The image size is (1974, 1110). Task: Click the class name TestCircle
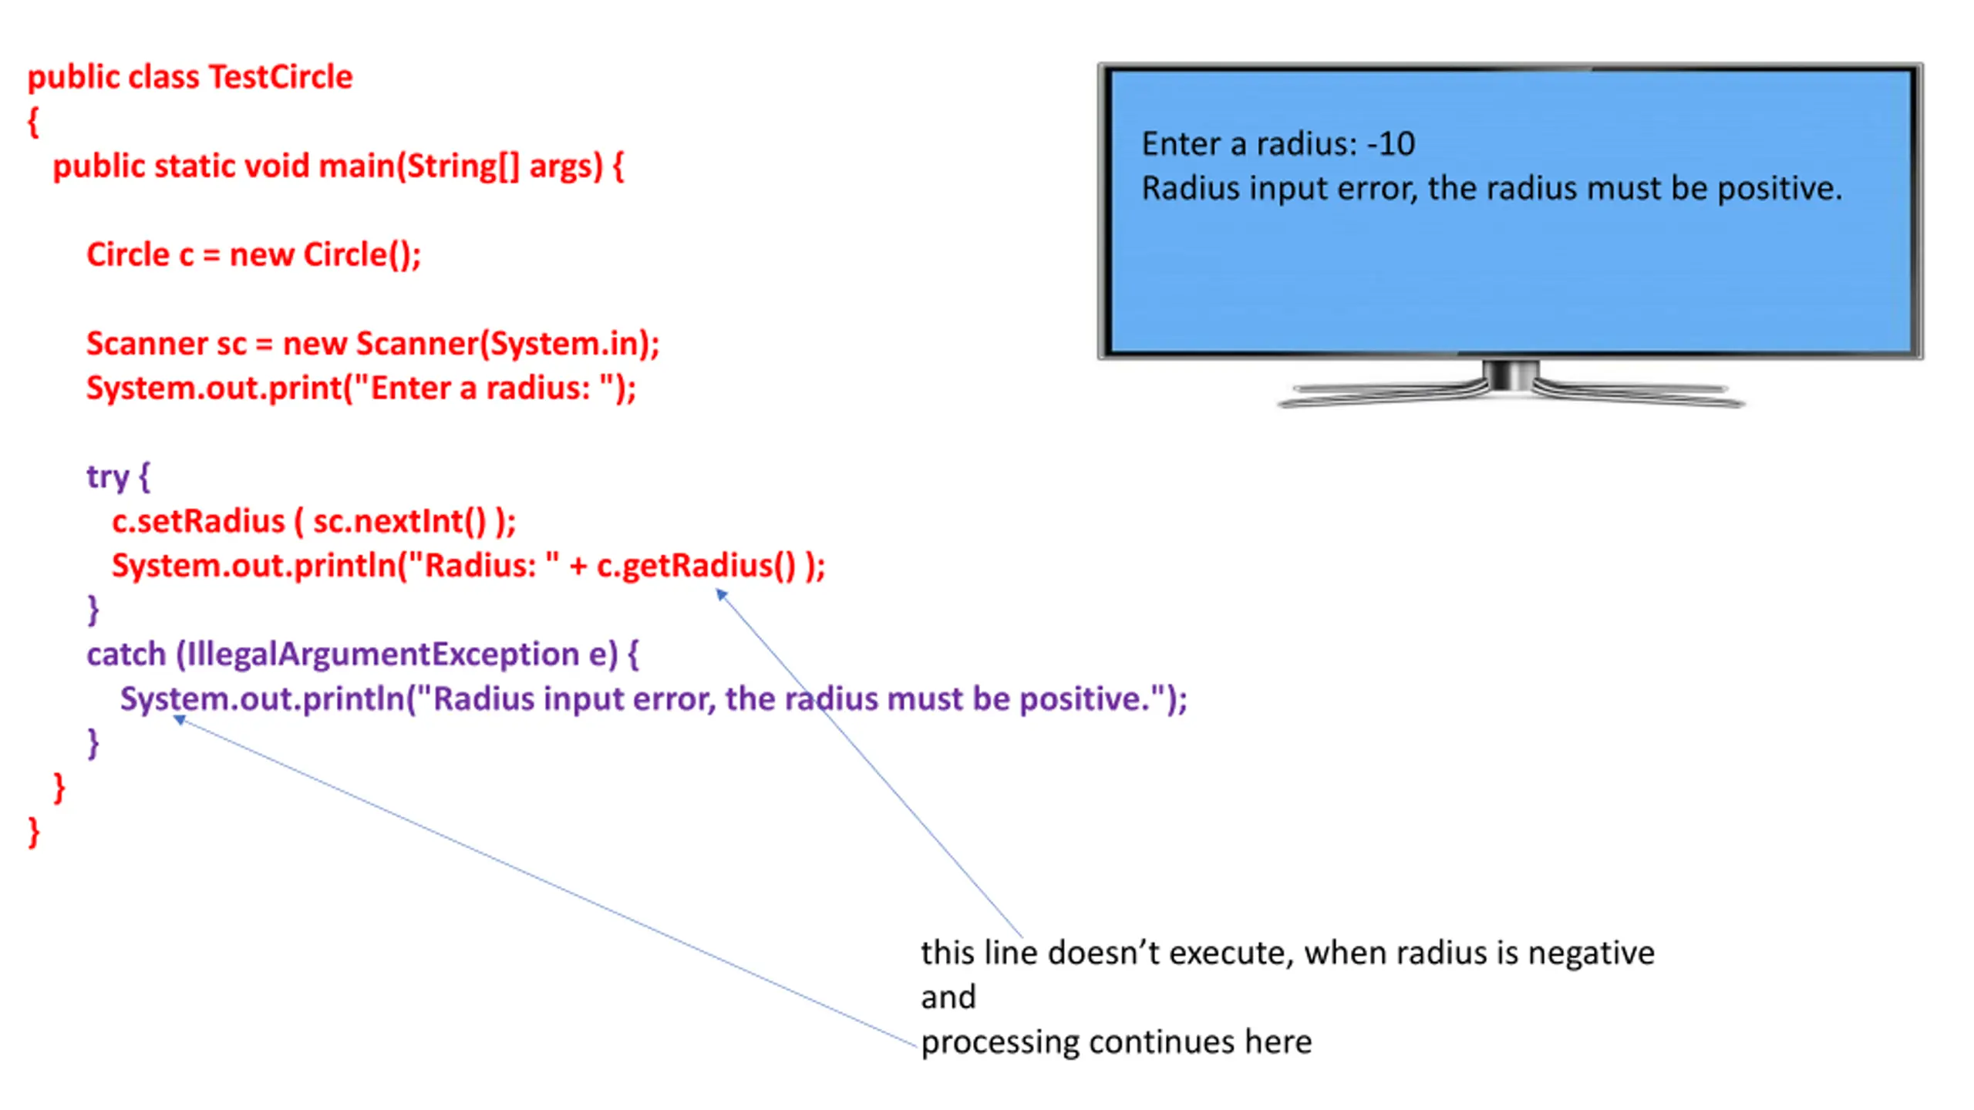point(281,77)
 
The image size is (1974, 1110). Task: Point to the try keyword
point(108,478)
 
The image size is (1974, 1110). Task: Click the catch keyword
point(126,654)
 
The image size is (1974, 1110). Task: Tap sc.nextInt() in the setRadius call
point(400,522)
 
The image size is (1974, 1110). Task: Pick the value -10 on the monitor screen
point(1391,144)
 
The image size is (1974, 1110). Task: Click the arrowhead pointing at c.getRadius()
point(722,594)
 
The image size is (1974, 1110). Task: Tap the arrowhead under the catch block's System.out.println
point(179,720)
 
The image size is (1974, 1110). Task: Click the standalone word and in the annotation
point(948,997)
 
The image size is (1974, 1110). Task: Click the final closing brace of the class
point(34,832)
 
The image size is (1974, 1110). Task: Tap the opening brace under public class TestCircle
point(33,123)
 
